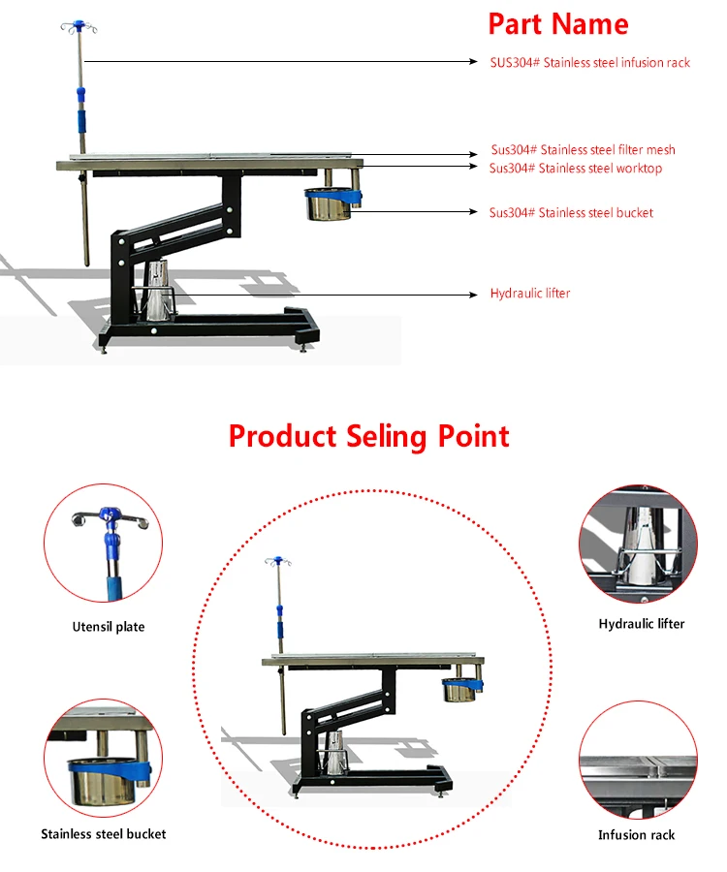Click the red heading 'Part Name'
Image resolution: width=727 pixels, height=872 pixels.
tap(558, 24)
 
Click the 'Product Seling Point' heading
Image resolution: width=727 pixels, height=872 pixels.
tap(368, 437)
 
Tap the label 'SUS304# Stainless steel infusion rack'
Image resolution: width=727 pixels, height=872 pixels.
tap(589, 62)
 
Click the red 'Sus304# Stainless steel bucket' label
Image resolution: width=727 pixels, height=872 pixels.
tap(571, 212)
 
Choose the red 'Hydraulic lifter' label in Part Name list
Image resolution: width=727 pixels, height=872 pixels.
tap(530, 293)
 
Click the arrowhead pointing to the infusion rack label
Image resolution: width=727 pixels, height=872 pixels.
tap(473, 62)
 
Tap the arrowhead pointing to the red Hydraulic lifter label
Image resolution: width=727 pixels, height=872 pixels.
tap(473, 295)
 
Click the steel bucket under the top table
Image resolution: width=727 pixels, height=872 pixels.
tap(329, 205)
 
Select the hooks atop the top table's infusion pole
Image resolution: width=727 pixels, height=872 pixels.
tap(79, 26)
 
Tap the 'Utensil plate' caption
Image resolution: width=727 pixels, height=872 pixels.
tap(109, 627)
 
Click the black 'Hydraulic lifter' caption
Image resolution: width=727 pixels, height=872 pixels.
tap(642, 623)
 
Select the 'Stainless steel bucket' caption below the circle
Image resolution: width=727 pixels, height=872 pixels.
tap(104, 833)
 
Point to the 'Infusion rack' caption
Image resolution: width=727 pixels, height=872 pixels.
tap(636, 835)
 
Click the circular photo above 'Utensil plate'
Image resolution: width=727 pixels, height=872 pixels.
tap(104, 543)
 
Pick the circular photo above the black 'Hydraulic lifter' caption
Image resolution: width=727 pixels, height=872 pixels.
tap(638, 544)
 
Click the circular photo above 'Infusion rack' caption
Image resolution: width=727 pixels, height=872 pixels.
tap(638, 760)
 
